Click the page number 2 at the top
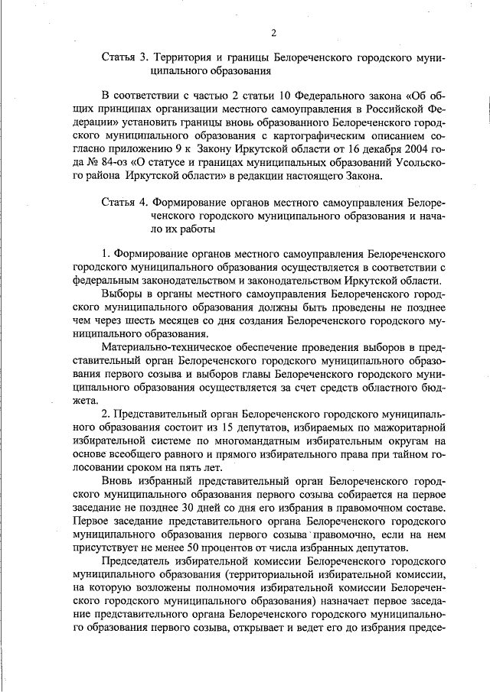tap(273, 31)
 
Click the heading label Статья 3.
tap(124, 58)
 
